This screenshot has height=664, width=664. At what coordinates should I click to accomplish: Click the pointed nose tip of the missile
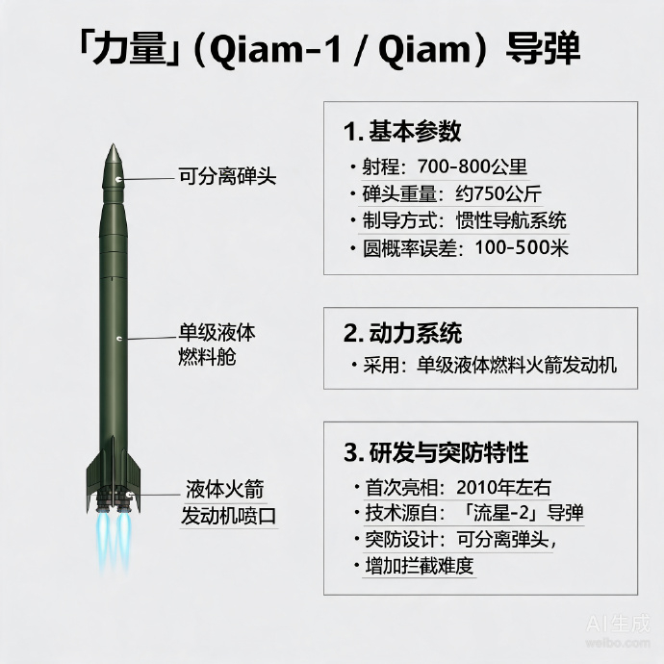coord(113,144)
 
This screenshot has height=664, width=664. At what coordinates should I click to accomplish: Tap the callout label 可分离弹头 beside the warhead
coord(227,176)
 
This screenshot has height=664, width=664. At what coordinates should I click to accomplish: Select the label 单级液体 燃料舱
coord(217,345)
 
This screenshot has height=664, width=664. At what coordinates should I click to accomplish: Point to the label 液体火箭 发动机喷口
coord(228,502)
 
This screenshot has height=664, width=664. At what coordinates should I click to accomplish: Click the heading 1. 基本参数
coord(402,131)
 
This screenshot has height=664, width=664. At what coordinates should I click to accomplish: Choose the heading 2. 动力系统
coord(402,333)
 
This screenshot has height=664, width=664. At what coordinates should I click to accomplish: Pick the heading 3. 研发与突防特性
coord(436,452)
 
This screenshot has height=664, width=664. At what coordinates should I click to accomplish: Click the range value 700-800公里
coord(472,166)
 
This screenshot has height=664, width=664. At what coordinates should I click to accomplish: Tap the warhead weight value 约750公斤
coord(498,194)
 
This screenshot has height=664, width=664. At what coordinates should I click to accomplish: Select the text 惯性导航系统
coord(511,220)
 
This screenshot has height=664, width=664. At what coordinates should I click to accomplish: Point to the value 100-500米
coord(522,247)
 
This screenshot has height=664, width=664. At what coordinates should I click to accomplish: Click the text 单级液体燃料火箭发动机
coord(516,365)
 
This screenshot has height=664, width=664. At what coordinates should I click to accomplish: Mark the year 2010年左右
coord(503,487)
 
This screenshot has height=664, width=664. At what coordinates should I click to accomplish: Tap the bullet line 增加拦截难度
coord(420,566)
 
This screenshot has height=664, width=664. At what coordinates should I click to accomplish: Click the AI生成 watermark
coord(618,625)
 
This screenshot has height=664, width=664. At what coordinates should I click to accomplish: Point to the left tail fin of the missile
coord(94,478)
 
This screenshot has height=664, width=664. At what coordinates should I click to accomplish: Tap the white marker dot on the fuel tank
coord(119,339)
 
